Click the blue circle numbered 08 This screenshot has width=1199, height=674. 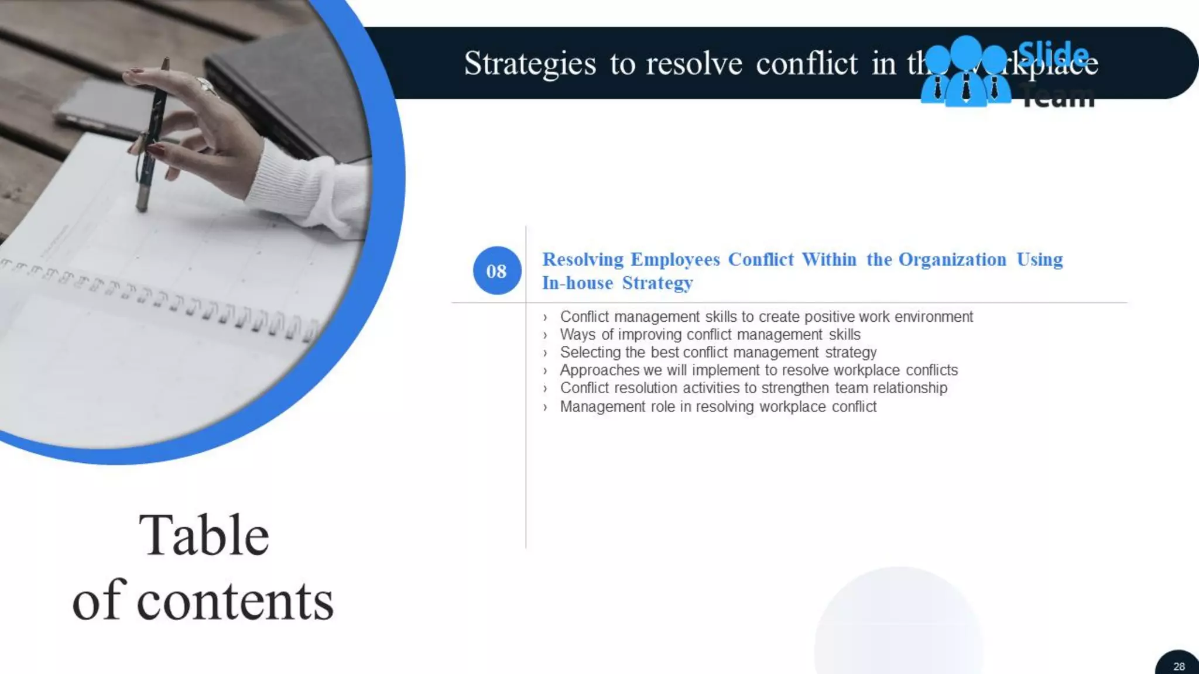point(496,270)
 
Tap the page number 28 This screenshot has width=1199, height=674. point(1179,666)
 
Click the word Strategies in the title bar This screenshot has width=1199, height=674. point(530,63)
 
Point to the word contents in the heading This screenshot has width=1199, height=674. point(235,601)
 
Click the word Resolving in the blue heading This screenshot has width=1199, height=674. point(583,259)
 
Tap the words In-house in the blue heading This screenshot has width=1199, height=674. point(577,283)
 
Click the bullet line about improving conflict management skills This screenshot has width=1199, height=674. point(710,335)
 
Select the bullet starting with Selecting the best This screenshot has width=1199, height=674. point(718,352)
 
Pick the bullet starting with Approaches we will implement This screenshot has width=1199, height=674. point(758,370)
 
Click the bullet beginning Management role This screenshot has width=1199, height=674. point(718,407)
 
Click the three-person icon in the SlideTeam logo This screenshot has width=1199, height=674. point(965,73)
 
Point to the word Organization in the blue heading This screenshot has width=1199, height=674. point(952,259)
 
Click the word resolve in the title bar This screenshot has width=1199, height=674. point(694,63)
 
